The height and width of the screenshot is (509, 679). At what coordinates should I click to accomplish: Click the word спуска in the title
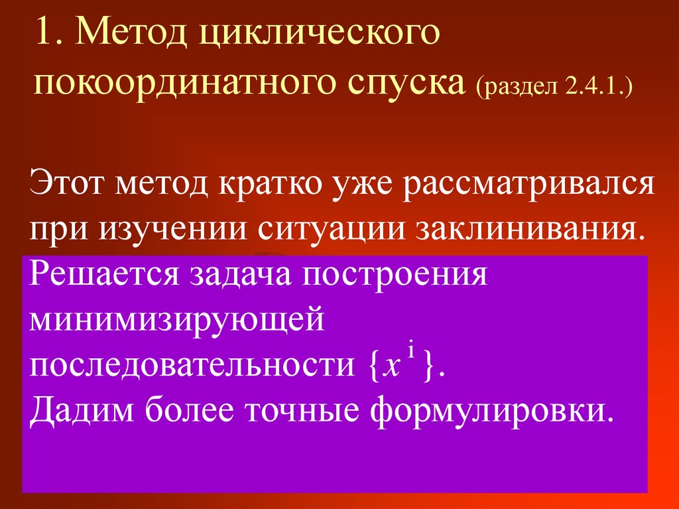pos(405,85)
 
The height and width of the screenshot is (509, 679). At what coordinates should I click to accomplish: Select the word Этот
pos(67,183)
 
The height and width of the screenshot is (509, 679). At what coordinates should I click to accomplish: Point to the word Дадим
pos(79,411)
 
